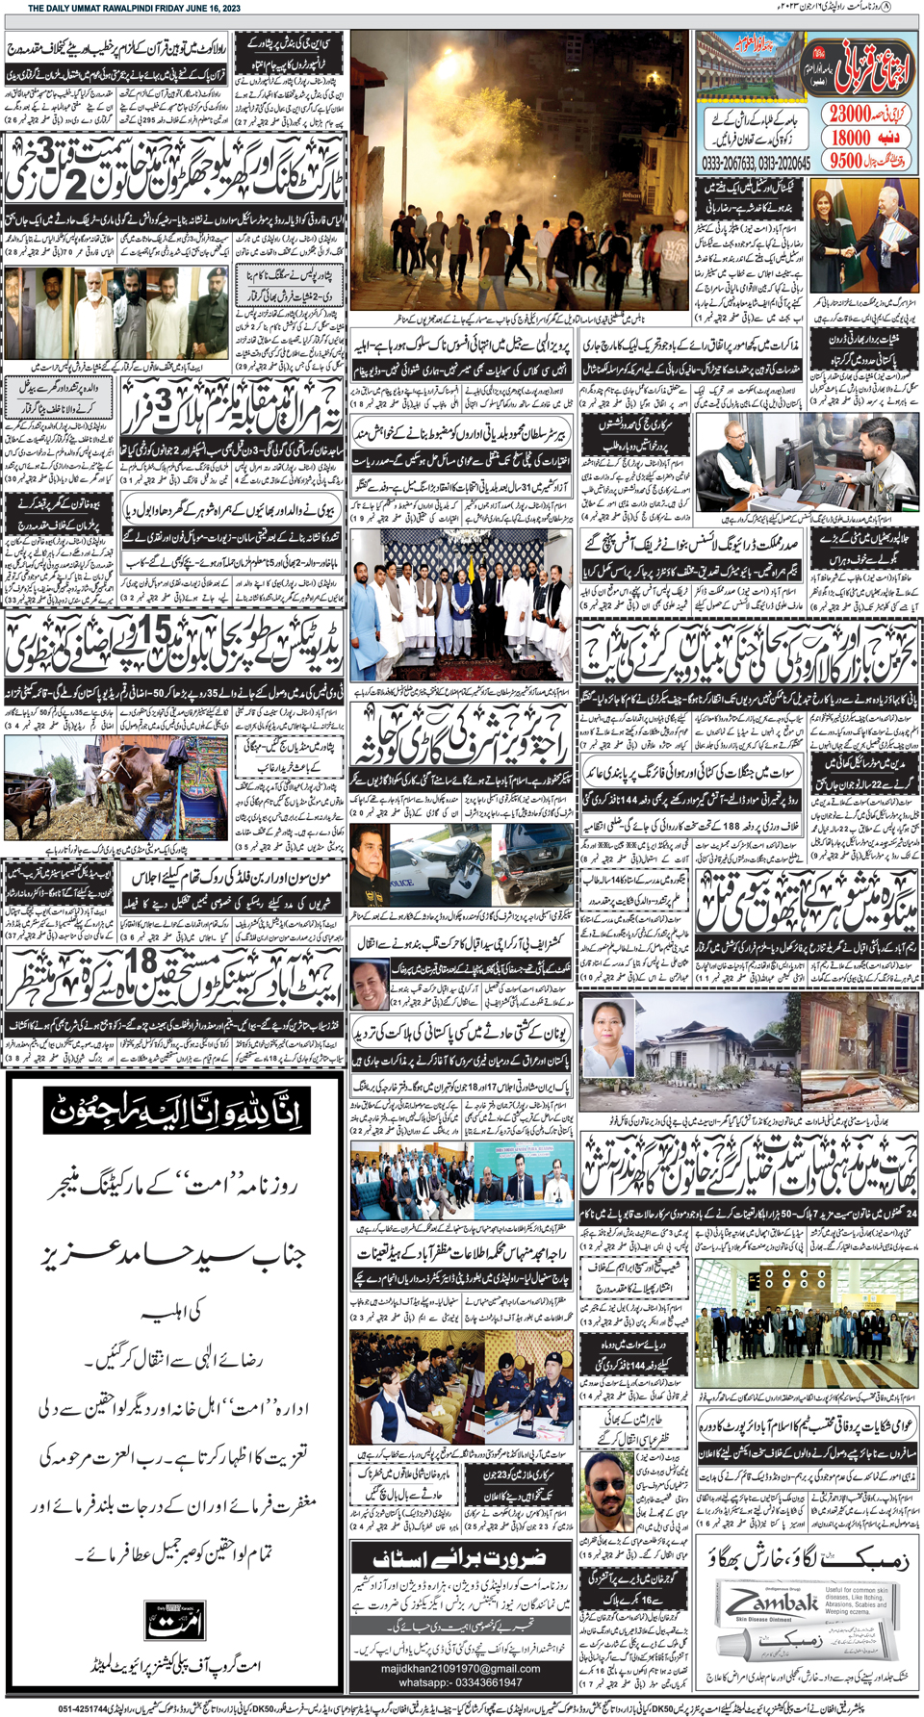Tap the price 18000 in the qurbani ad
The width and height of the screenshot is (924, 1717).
pyautogui.click(x=852, y=138)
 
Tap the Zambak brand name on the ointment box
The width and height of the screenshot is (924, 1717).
pyautogui.click(x=771, y=1605)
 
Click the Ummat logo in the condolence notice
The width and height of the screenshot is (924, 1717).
pyautogui.click(x=174, y=1618)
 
